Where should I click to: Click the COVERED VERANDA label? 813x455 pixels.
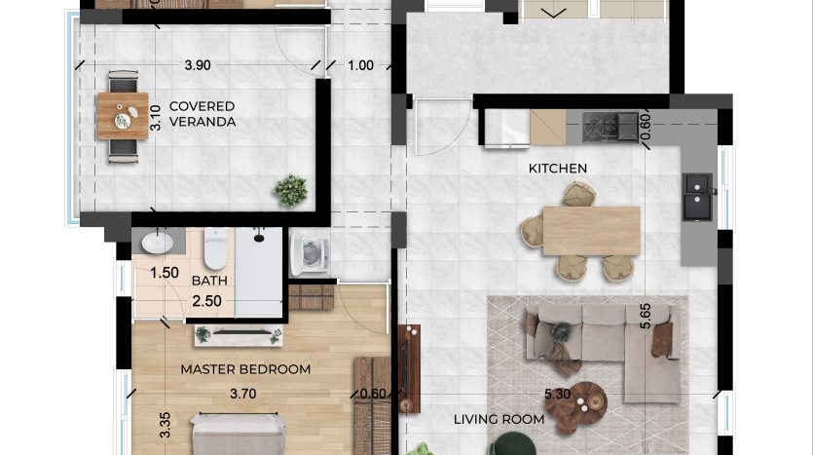[x=203, y=114]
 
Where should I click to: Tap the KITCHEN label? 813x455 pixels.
[x=557, y=169]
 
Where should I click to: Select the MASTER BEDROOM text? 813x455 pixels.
[x=245, y=369]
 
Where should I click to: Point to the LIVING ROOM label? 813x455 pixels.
[x=499, y=419]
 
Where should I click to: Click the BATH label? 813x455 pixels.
[x=209, y=281]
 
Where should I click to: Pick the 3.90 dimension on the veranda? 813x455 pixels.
[x=198, y=65]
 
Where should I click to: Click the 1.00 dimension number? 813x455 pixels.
[x=360, y=65]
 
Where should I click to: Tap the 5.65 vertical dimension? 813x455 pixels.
[x=645, y=316]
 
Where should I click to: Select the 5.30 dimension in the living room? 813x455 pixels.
[x=557, y=395]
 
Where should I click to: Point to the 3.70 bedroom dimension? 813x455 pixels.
[x=242, y=394]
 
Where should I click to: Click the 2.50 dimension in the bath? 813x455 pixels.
[x=206, y=301]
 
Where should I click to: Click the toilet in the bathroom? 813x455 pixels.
[x=215, y=248]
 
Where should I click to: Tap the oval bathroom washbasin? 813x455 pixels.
[x=157, y=243]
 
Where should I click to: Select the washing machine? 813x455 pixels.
[x=310, y=253]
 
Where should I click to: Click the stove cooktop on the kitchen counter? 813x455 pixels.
[x=610, y=127]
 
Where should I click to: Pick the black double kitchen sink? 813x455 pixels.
[x=698, y=197]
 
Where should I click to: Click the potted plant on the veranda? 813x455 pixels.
[x=291, y=190]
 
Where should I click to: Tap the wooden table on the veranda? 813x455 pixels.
[x=123, y=116]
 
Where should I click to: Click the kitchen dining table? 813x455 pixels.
[x=592, y=231]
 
